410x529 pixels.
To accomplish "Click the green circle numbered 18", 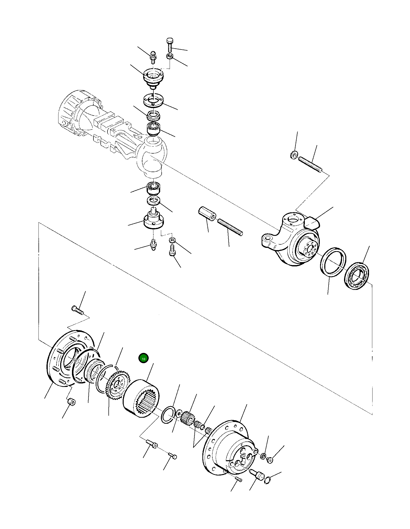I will pyautogui.click(x=143, y=359).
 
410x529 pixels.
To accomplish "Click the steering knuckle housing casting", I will pyautogui.click(x=292, y=240).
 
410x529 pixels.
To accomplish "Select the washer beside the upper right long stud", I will pyautogui.click(x=294, y=155).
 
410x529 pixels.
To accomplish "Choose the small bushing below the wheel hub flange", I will pyautogui.click(x=72, y=402).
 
